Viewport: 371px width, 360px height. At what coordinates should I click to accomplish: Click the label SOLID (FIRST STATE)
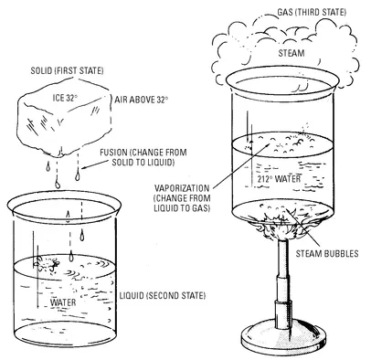67,71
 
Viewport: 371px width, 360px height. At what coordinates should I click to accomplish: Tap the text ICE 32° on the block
65,98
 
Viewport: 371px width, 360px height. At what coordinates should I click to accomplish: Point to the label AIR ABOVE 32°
142,100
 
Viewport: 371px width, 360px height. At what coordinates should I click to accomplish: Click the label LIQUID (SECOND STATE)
163,295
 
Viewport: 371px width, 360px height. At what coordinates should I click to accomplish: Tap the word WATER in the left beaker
63,302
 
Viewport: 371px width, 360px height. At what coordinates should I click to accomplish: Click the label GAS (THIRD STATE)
312,13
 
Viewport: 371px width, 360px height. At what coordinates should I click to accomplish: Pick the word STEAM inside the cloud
291,53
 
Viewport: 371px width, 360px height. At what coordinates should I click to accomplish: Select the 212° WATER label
279,179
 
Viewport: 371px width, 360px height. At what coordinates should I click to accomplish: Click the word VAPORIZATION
182,188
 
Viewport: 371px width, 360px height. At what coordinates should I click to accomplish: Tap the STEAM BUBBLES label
327,253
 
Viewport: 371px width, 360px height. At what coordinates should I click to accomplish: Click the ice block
63,117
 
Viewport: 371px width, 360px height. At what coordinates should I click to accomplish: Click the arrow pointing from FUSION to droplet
91,164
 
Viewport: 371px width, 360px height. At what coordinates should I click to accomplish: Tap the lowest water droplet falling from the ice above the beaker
58,185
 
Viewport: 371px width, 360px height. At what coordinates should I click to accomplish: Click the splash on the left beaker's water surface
48,264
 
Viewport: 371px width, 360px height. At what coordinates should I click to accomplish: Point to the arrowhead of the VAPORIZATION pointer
268,144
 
